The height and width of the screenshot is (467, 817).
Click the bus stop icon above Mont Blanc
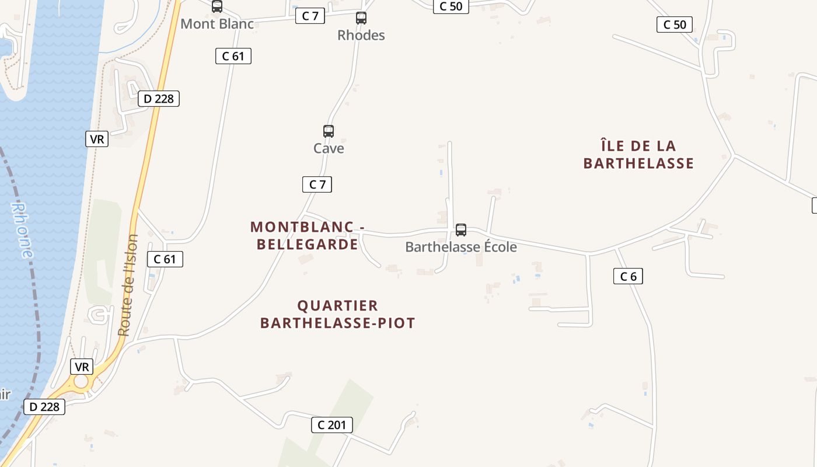click(x=217, y=6)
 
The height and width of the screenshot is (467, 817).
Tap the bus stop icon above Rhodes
click(x=361, y=18)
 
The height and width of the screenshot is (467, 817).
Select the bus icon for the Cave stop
click(x=329, y=131)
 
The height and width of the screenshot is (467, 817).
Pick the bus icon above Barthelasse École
click(x=461, y=230)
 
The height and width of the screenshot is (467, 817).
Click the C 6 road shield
click(x=628, y=276)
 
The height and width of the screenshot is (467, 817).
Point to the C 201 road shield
click(x=331, y=425)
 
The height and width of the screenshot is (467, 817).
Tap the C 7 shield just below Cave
click(x=317, y=184)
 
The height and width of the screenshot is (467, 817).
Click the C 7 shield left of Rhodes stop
click(x=310, y=16)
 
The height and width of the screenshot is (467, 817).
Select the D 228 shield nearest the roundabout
click(x=44, y=407)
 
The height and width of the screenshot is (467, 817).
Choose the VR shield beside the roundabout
click(x=82, y=367)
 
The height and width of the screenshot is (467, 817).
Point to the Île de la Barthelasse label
click(x=638, y=154)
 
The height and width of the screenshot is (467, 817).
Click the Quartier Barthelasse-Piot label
click(x=337, y=314)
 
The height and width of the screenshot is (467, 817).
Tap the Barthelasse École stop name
click(x=461, y=247)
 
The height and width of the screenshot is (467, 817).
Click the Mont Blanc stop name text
click(x=217, y=24)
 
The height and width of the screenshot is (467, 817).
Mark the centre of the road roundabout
click(x=81, y=382)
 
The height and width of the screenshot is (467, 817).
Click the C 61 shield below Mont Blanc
click(x=233, y=56)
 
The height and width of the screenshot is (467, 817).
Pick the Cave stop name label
click(x=329, y=148)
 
